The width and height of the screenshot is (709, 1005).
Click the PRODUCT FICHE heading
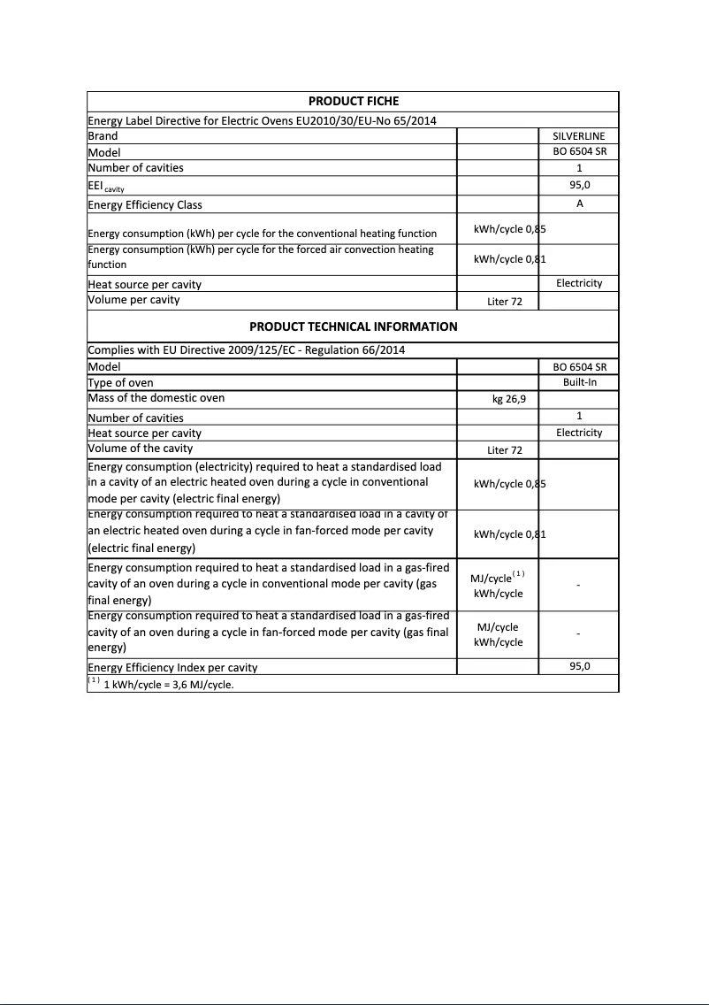(x=353, y=101)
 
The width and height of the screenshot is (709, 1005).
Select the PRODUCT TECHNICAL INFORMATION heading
(x=353, y=326)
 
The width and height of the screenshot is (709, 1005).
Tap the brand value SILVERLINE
(x=579, y=136)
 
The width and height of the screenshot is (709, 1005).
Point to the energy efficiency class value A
(x=579, y=203)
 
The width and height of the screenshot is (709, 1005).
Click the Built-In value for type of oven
(x=579, y=382)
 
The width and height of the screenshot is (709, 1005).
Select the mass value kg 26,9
(x=509, y=399)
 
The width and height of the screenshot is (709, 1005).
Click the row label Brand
(x=103, y=136)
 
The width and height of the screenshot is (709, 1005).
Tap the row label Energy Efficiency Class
(x=145, y=205)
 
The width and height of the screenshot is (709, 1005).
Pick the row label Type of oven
(x=120, y=383)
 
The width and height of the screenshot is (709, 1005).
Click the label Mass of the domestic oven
(x=156, y=398)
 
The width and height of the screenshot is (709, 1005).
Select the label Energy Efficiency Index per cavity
(x=172, y=667)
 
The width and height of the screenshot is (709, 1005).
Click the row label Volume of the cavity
(x=140, y=449)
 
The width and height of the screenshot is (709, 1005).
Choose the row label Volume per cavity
(x=133, y=300)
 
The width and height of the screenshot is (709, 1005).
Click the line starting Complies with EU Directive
(x=246, y=350)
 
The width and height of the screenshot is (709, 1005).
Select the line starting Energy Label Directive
(x=262, y=121)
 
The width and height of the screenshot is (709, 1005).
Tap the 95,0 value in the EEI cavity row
(x=579, y=186)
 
